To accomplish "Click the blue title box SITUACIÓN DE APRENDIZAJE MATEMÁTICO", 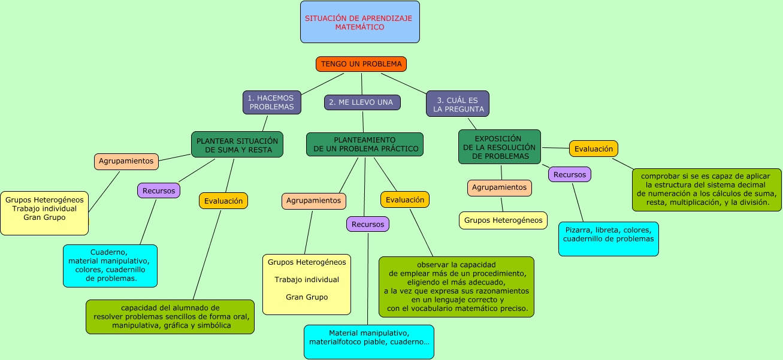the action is (x=359, y=22).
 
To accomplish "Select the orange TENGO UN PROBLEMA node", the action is (x=361, y=64).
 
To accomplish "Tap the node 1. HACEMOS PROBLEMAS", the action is (x=272, y=102).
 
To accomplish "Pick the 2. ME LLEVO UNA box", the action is (x=362, y=102).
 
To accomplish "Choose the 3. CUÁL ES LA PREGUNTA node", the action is (x=458, y=104).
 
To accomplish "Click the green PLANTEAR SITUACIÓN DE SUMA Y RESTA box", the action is (x=237, y=145).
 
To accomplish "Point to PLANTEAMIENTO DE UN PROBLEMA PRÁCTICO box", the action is (x=365, y=144).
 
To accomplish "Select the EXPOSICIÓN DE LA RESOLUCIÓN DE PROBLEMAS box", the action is (x=500, y=147).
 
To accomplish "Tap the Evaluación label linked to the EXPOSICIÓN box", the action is (x=594, y=149).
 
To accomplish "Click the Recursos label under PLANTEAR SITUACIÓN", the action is (x=159, y=191).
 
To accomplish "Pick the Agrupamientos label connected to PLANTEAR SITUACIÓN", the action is (x=126, y=162).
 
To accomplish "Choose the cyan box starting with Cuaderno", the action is (x=110, y=266).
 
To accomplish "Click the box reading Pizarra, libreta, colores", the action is (x=609, y=239).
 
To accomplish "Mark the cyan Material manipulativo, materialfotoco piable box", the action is (x=369, y=342).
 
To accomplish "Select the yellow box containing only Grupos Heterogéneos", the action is (x=503, y=220).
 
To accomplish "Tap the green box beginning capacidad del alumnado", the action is (x=170, y=317).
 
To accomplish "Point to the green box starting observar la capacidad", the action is (x=456, y=287).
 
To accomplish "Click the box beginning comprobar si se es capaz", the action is (x=706, y=190).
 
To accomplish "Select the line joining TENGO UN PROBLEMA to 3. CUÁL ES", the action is (x=404, y=83).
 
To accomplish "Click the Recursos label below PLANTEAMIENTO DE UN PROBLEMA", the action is (x=368, y=225).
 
